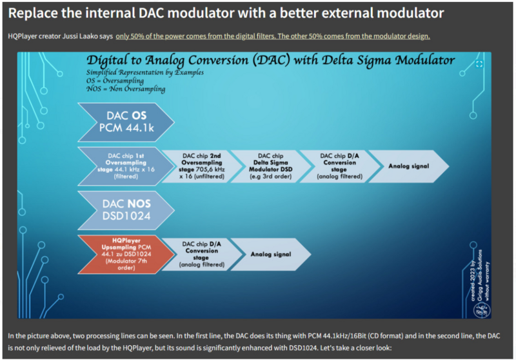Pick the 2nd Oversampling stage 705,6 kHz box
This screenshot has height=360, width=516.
(x=196, y=165)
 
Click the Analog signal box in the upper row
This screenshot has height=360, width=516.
(x=408, y=165)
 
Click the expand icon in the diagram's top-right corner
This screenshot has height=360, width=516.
(x=479, y=64)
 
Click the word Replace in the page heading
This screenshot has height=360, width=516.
(x=35, y=12)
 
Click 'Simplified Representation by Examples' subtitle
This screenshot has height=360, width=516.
(x=144, y=74)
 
